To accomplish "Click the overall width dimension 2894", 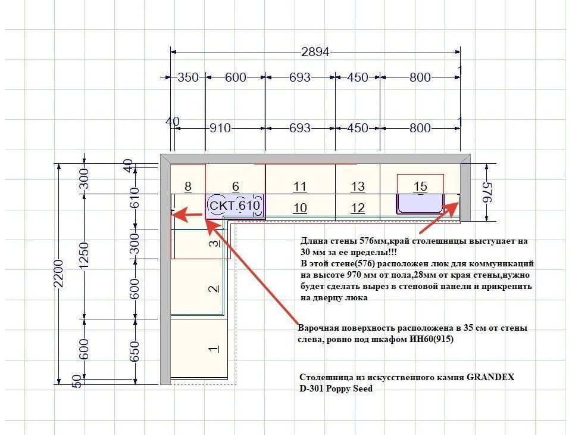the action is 315,52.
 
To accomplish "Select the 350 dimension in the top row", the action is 188,77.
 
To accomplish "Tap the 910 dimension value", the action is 220,128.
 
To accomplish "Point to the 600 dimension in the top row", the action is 236,77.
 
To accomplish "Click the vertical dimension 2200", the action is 58,274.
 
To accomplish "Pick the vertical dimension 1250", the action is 84,256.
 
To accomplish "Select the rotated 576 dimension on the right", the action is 487,192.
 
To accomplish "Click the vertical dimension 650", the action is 135,351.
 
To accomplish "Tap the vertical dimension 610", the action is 135,198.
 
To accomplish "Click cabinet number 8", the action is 188,187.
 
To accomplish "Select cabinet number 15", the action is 420,187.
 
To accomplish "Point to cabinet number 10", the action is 300,208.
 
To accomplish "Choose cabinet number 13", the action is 358,187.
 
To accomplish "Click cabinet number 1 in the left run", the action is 214,349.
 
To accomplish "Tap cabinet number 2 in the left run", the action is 214,289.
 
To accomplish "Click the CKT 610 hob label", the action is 235,206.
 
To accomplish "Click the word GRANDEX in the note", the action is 490,377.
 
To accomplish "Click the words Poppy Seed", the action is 349,389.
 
